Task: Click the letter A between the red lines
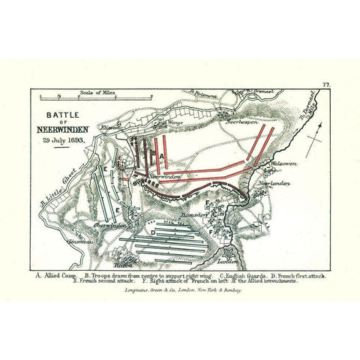tap(160, 154)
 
